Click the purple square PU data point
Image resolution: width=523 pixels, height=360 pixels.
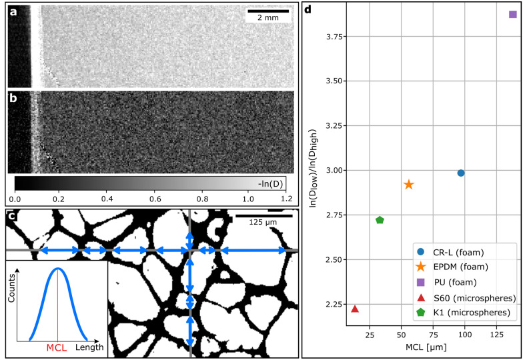click(x=512, y=14)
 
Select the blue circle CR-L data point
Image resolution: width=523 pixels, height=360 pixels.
click(x=461, y=173)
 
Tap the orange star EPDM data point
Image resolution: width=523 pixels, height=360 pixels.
click(x=409, y=184)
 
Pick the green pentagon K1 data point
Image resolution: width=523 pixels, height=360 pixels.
click(x=380, y=220)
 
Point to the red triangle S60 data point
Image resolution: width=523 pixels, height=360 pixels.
click(x=355, y=309)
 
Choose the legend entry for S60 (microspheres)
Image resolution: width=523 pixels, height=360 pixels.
click(x=470, y=297)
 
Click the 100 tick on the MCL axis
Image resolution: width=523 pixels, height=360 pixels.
click(x=465, y=335)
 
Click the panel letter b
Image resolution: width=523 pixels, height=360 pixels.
click(x=13, y=97)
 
